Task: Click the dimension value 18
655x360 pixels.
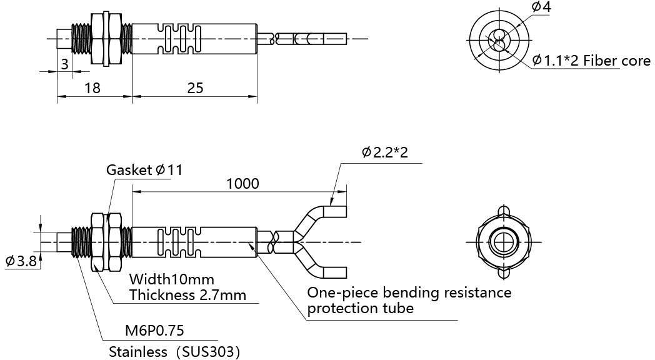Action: click(92, 88)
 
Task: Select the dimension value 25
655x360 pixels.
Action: click(195, 88)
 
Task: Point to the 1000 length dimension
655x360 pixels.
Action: click(242, 183)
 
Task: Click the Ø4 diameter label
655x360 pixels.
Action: click(541, 7)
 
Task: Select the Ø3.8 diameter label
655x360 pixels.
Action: click(21, 261)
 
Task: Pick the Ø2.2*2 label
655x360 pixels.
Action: click(384, 152)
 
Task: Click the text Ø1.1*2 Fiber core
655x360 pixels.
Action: click(591, 61)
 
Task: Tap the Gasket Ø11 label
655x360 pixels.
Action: click(144, 170)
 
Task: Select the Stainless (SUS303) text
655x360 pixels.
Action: click(174, 351)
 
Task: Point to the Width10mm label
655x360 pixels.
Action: click(171, 278)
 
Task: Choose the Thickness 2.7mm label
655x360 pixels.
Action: click(187, 294)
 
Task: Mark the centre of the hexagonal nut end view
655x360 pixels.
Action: click(502, 242)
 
